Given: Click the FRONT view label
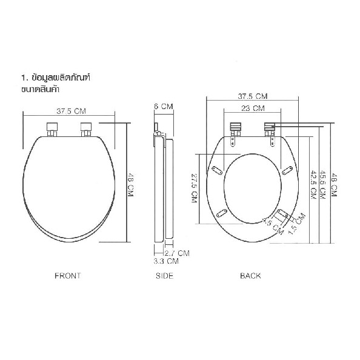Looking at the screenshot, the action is point(68,276).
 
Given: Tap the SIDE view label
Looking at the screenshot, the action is point(164,276).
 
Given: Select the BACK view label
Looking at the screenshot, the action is point(250,276).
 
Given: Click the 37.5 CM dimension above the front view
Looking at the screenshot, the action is point(71,112).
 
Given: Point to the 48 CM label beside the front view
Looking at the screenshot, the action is point(130,185).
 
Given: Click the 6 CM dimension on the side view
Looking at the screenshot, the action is point(164,107).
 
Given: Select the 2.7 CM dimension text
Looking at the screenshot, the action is point(177,253).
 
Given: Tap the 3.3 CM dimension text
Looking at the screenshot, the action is point(166,261).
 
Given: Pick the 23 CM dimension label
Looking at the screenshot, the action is point(253,108).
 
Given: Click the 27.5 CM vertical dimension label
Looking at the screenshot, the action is point(195,188).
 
